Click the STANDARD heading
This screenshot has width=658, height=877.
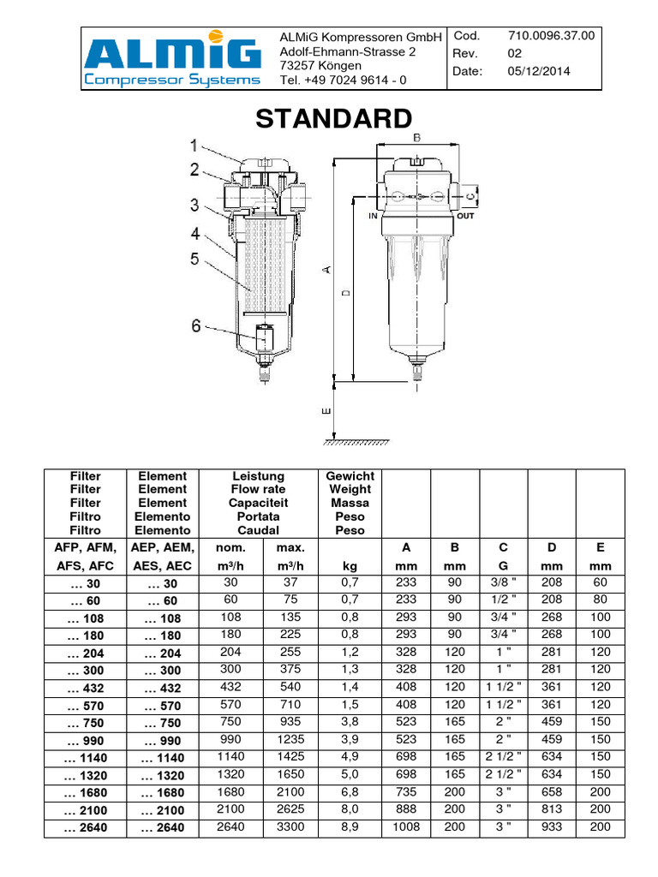(334, 119)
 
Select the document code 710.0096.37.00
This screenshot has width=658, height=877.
(551, 36)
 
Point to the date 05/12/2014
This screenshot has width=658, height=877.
(539, 71)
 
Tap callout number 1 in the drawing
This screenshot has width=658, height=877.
(194, 145)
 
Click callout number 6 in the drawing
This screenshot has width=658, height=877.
(196, 325)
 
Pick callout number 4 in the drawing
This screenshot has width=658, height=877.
(195, 232)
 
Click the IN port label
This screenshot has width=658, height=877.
(374, 217)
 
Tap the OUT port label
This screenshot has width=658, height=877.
(466, 217)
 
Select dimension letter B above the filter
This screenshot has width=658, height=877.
(416, 137)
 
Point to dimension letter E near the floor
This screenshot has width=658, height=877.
(326, 412)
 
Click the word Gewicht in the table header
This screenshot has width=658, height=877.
(350, 475)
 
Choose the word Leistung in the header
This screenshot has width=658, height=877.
(258, 475)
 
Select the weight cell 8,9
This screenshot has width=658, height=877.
(350, 827)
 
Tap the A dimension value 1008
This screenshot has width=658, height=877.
(406, 827)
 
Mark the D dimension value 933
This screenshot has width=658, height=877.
(552, 827)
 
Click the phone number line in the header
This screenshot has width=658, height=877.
(343, 81)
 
